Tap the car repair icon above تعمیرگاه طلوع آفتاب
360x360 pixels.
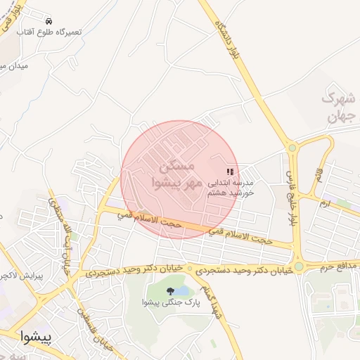(48, 22)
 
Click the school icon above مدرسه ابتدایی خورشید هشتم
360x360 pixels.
(229, 171)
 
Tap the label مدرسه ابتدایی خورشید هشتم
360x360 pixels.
(229, 186)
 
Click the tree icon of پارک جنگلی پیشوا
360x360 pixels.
(169, 290)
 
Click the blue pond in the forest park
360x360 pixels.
(181, 290)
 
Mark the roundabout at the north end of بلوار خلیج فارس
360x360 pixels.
(292, 148)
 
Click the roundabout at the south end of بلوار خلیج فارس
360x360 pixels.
(299, 266)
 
